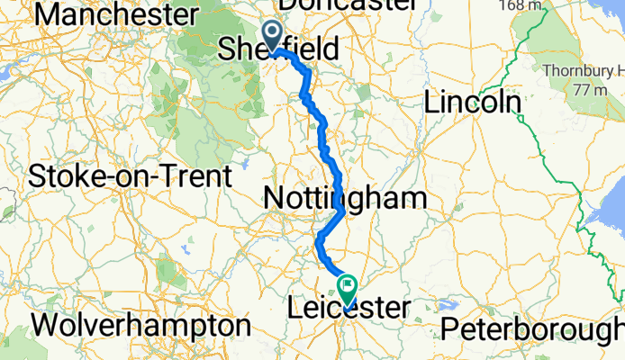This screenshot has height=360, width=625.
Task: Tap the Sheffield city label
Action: tap(279, 49)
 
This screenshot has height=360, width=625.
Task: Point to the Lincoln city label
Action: tap(473, 103)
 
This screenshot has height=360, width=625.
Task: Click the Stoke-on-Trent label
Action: tap(130, 175)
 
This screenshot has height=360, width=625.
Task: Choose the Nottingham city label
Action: tap(345, 199)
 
